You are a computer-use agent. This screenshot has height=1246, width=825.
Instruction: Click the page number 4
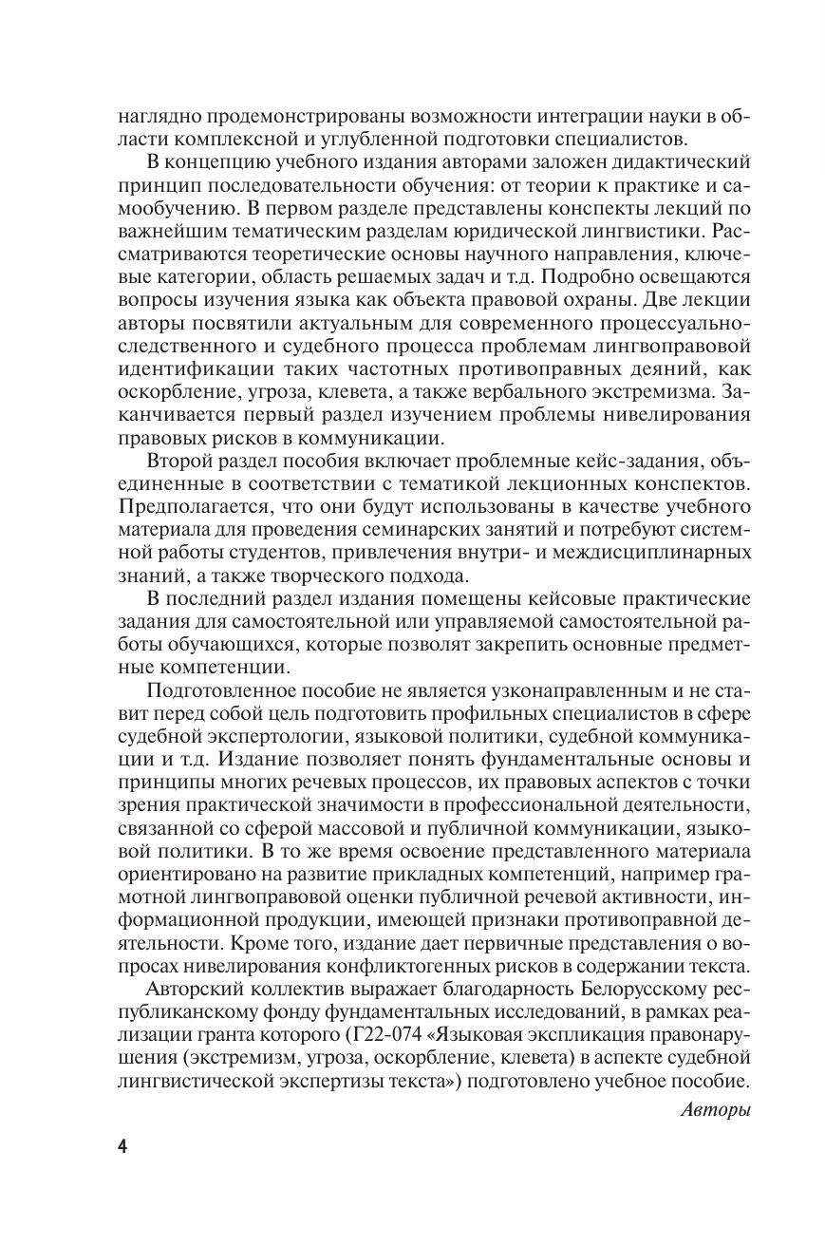[122, 1145]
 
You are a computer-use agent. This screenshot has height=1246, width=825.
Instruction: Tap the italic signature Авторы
[716, 1109]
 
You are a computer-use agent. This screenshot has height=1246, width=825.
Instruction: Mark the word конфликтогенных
[394, 965]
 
